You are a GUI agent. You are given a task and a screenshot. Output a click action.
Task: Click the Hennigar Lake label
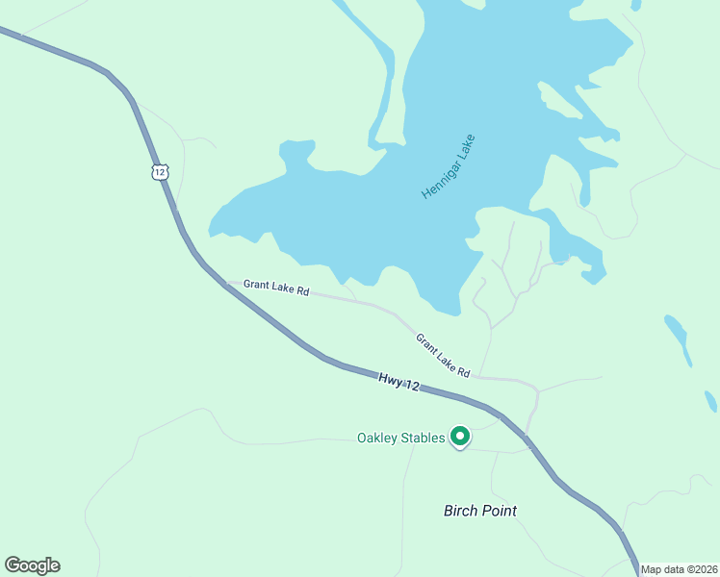(449, 166)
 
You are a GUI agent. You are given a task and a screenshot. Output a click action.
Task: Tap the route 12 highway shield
(160, 171)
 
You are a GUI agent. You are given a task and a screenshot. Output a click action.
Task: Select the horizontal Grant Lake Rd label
(275, 287)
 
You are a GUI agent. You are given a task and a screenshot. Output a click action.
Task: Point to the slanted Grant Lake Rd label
(443, 355)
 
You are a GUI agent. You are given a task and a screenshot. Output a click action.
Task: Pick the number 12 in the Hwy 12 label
(412, 386)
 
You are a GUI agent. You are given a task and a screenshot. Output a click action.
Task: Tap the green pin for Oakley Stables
(460, 438)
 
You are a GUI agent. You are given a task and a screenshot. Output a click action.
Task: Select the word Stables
(425, 439)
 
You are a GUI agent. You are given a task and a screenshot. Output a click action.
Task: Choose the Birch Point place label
(480, 511)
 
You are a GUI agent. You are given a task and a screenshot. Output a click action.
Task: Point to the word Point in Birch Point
(501, 511)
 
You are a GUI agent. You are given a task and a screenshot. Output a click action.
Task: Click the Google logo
(32, 565)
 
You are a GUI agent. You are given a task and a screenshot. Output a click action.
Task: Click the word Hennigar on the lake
(440, 178)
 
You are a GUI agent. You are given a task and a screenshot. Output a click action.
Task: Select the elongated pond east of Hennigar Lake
(678, 339)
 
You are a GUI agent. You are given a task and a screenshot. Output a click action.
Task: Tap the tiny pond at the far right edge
(710, 400)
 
